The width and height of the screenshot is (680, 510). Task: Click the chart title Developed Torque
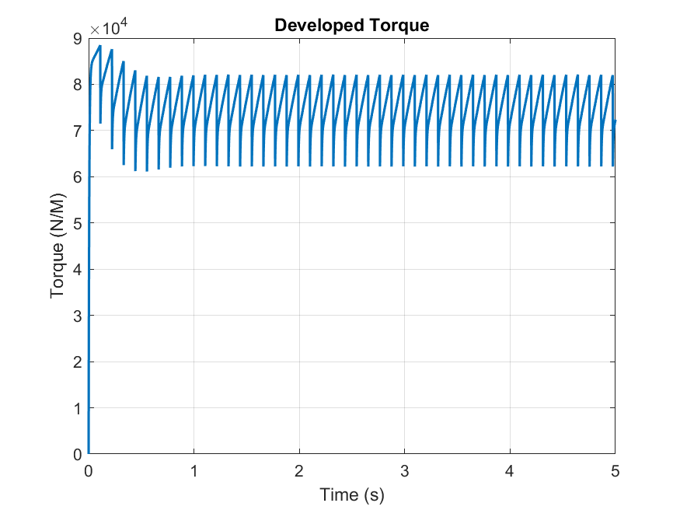coord(351,26)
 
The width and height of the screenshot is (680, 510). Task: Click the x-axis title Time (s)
coord(351,494)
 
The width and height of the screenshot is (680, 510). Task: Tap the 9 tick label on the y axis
coord(78,38)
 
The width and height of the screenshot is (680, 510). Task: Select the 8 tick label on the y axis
coord(78,85)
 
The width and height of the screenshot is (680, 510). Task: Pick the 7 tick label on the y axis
coord(78,131)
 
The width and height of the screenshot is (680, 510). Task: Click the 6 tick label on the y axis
coord(78,177)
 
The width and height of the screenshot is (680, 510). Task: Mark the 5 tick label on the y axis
coord(78,223)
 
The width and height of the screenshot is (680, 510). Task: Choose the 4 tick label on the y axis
coord(78,270)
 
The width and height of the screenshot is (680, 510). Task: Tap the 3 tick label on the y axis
coord(78,316)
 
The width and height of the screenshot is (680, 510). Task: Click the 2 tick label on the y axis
coord(78,362)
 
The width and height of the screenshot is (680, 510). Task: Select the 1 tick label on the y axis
coord(78,408)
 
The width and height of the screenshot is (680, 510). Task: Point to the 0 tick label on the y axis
coord(78,454)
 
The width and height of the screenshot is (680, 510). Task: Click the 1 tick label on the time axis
coord(194,471)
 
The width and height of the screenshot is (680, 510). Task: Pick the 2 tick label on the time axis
coord(299,471)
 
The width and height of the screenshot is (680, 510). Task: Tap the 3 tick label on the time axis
coord(404,471)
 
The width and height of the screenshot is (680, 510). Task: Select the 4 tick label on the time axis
coord(510,471)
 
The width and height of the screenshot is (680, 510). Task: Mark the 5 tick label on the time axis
coord(615,471)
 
